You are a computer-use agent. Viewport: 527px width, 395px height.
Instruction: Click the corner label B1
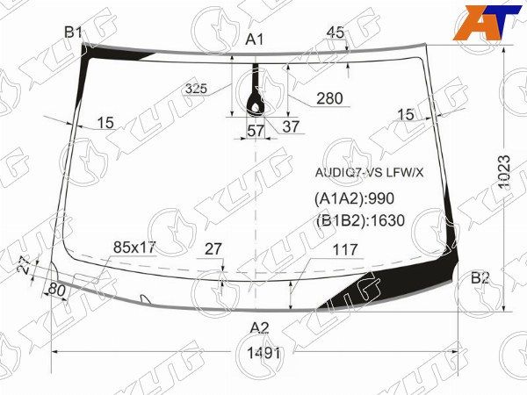click(73, 33)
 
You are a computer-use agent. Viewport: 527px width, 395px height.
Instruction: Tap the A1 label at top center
click(255, 40)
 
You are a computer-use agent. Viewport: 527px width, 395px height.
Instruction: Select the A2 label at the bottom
click(260, 327)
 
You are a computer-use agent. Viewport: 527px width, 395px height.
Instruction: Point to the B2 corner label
click(480, 278)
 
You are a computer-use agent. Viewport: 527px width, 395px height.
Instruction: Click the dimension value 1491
click(263, 353)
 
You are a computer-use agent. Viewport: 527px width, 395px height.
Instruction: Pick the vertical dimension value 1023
click(504, 172)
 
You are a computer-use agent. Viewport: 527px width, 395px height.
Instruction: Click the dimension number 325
click(196, 89)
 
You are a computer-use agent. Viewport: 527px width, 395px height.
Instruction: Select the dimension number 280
click(329, 98)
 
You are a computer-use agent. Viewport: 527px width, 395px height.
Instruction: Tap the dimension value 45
click(336, 32)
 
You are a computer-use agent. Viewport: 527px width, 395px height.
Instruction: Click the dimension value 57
click(256, 130)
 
